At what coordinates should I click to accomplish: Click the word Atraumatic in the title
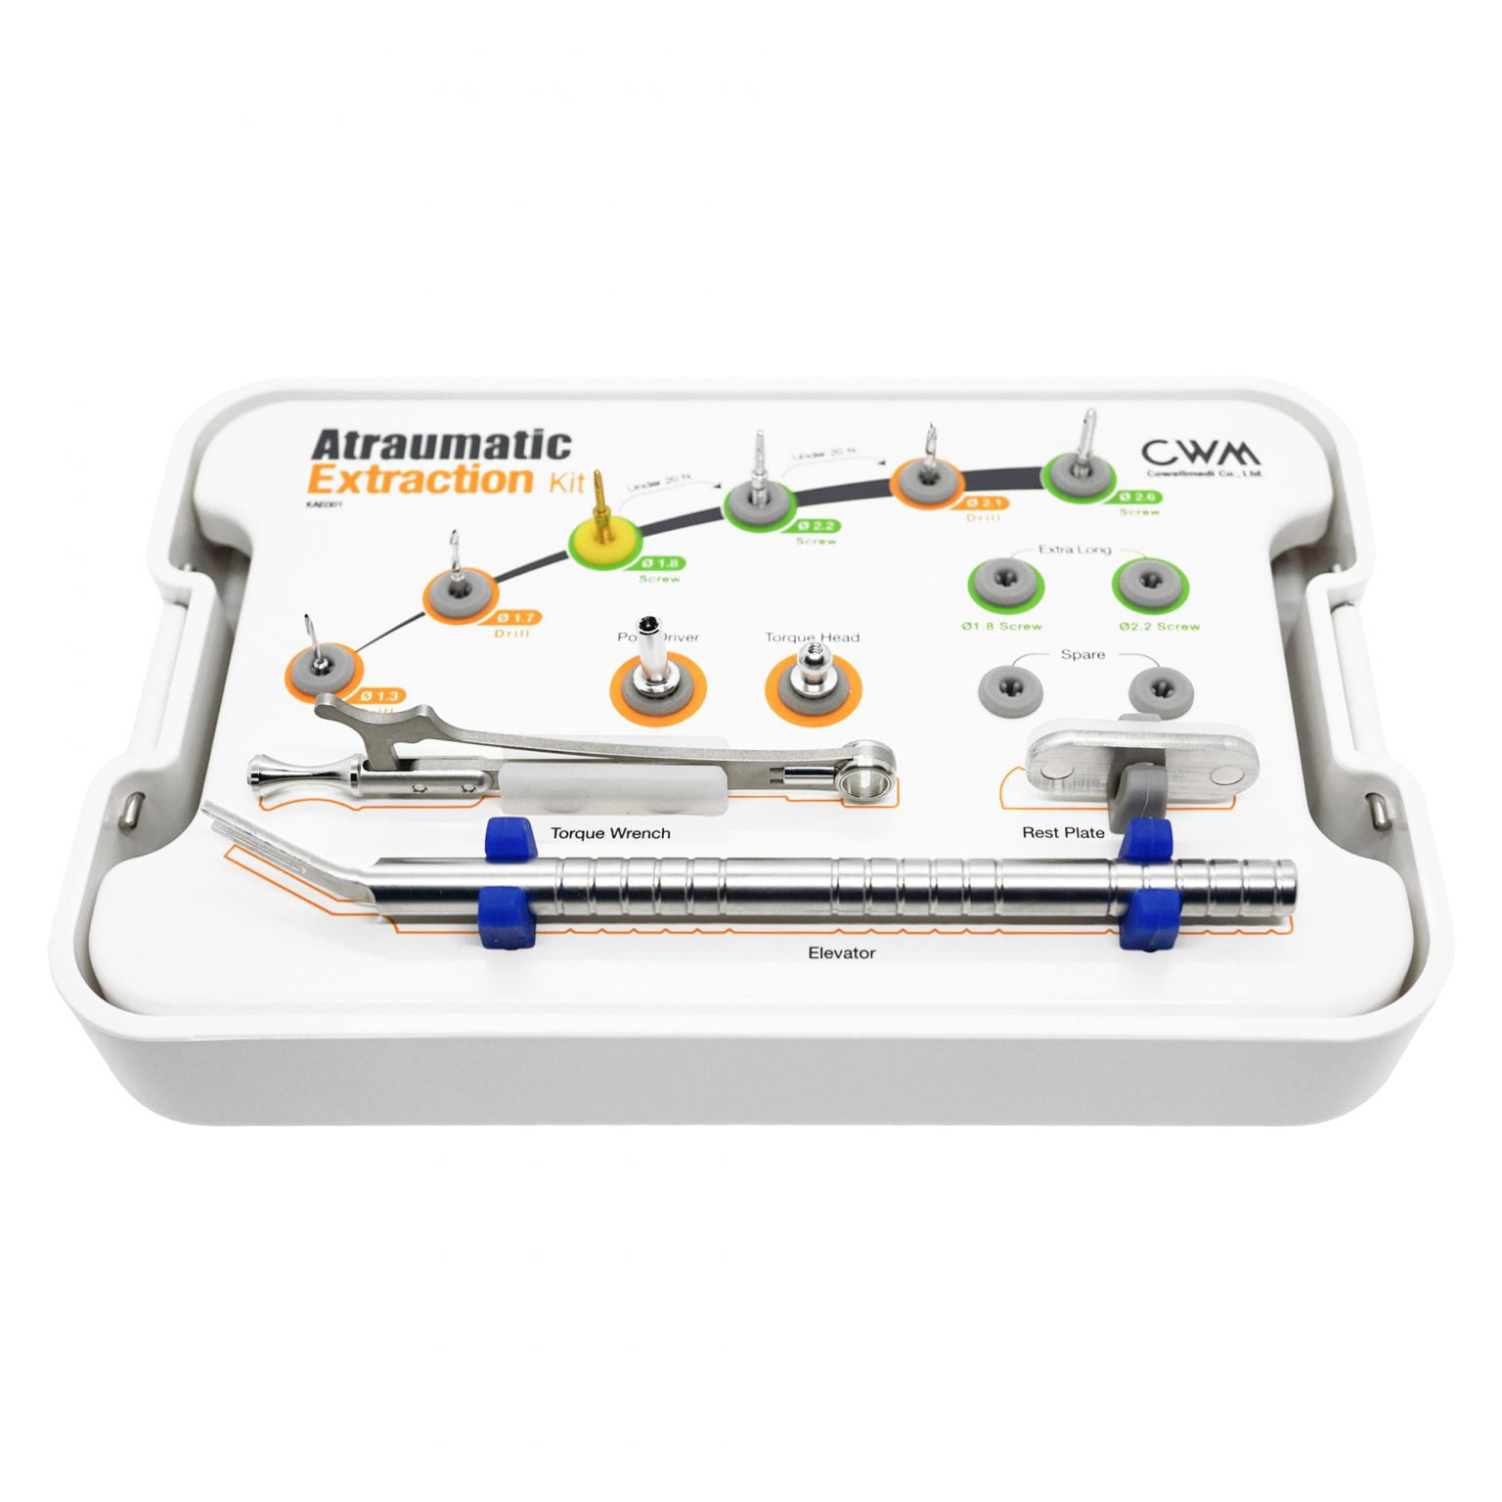pos(440,445)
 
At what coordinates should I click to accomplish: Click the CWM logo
pos(1201,453)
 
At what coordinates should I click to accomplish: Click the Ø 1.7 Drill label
pos(516,620)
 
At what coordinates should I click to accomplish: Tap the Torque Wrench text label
pos(611,834)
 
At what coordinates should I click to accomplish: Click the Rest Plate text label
pos(1063,833)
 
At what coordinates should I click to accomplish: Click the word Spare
pos(1082,654)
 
